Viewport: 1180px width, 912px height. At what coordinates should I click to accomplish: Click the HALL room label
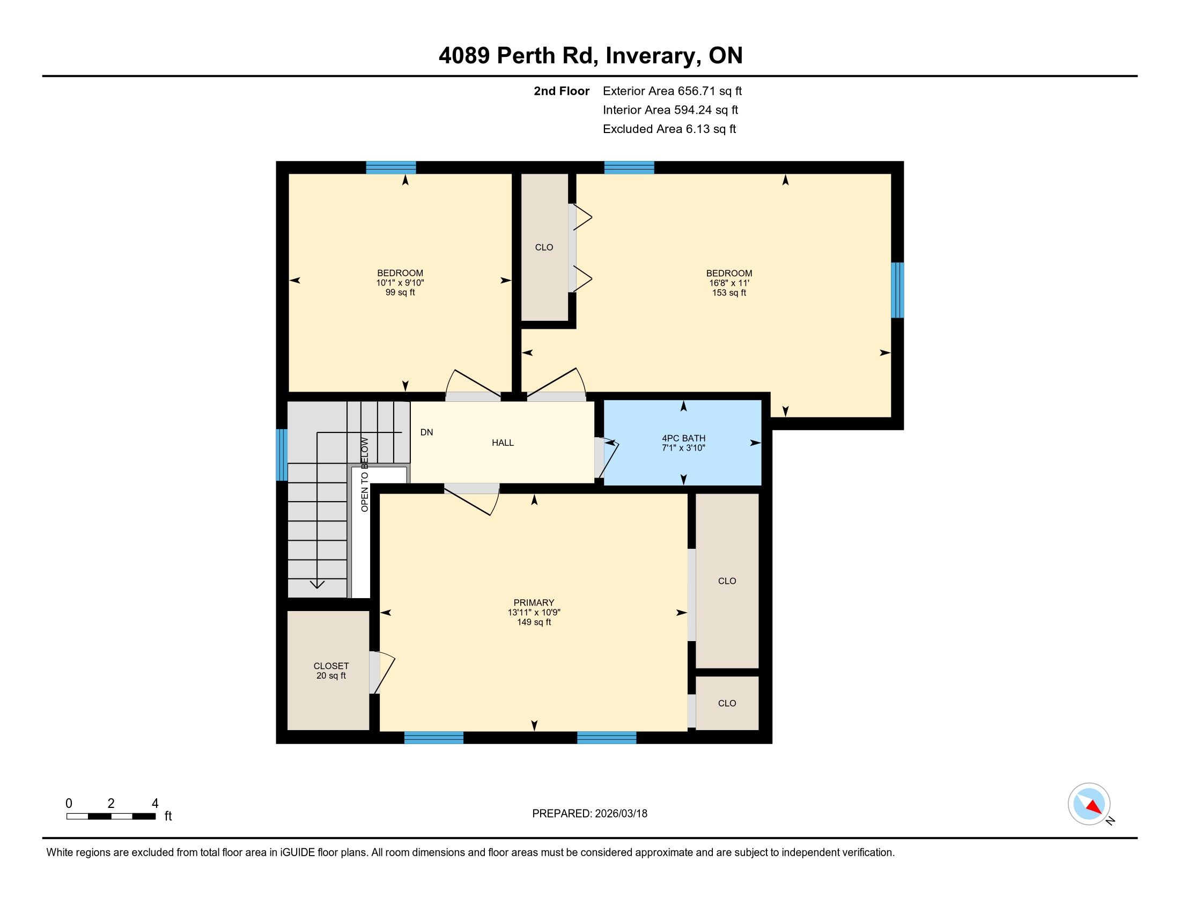pyautogui.click(x=503, y=443)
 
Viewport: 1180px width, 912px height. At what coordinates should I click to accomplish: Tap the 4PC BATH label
pyautogui.click(x=683, y=438)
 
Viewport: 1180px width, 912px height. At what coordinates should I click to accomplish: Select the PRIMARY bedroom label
pyautogui.click(x=534, y=602)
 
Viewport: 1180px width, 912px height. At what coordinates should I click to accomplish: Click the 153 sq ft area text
pyautogui.click(x=729, y=293)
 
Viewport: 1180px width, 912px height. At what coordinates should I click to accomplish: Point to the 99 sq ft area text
pyautogui.click(x=400, y=293)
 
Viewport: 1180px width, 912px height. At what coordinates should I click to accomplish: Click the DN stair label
pyautogui.click(x=427, y=432)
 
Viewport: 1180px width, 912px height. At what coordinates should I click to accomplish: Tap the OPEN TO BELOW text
pyautogui.click(x=365, y=474)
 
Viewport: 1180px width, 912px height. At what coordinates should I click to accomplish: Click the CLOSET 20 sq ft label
pyautogui.click(x=331, y=671)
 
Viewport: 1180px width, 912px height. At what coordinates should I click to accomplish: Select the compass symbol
pyautogui.click(x=1089, y=804)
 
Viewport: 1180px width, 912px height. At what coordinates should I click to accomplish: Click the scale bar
pyautogui.click(x=111, y=817)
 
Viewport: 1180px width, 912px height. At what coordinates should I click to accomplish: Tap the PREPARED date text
pyautogui.click(x=589, y=814)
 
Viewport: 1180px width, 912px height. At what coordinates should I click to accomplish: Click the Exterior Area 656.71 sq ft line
pyautogui.click(x=672, y=91)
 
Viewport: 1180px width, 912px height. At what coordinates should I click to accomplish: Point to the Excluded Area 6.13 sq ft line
pyautogui.click(x=669, y=129)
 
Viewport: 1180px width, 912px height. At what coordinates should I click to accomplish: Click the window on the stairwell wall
pyautogui.click(x=282, y=454)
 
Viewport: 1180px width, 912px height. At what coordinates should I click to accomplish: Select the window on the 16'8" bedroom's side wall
pyautogui.click(x=897, y=290)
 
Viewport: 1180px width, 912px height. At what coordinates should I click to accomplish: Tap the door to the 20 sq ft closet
pyautogui.click(x=381, y=672)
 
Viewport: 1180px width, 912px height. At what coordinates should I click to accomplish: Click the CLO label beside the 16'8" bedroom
pyautogui.click(x=544, y=247)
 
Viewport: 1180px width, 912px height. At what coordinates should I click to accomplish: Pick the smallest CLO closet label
pyautogui.click(x=727, y=703)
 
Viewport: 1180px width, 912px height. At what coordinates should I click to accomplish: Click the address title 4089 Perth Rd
pyautogui.click(x=518, y=56)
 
